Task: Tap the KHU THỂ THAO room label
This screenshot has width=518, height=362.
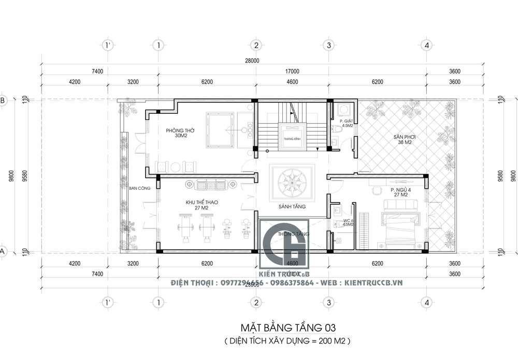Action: tap(190, 205)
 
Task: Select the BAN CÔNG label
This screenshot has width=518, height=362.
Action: tap(139, 188)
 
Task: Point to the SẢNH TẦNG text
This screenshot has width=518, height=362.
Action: tap(292, 206)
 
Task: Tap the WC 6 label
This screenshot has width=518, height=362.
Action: tap(348, 222)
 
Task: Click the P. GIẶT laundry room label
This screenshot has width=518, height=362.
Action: tap(347, 123)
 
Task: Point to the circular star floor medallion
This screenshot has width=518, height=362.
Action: tap(292, 183)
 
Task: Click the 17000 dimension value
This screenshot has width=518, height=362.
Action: tap(292, 71)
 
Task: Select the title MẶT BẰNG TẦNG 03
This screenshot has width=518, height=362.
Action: tap(287, 328)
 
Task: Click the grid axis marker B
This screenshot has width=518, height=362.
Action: tap(2, 100)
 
